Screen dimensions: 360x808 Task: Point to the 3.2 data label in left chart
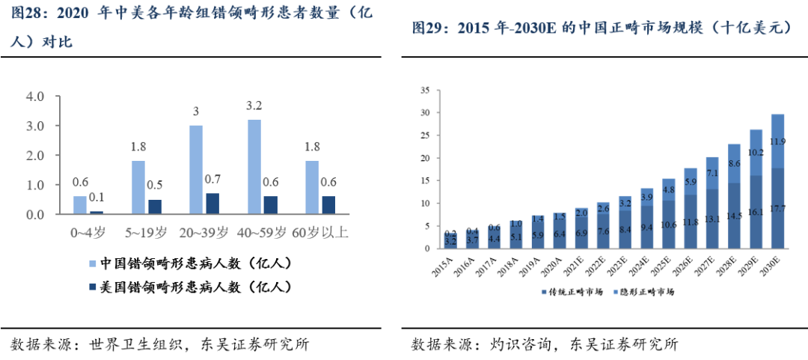coord(254,106)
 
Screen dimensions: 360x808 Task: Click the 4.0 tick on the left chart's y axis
coord(35,97)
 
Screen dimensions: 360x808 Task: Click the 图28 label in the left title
coord(28,14)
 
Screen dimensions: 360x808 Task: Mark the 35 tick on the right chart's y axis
coord(425,91)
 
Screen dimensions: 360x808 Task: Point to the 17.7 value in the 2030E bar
coord(778,209)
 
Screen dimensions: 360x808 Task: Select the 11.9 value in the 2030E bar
coord(778,141)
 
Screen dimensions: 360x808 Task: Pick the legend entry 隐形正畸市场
coord(646,291)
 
